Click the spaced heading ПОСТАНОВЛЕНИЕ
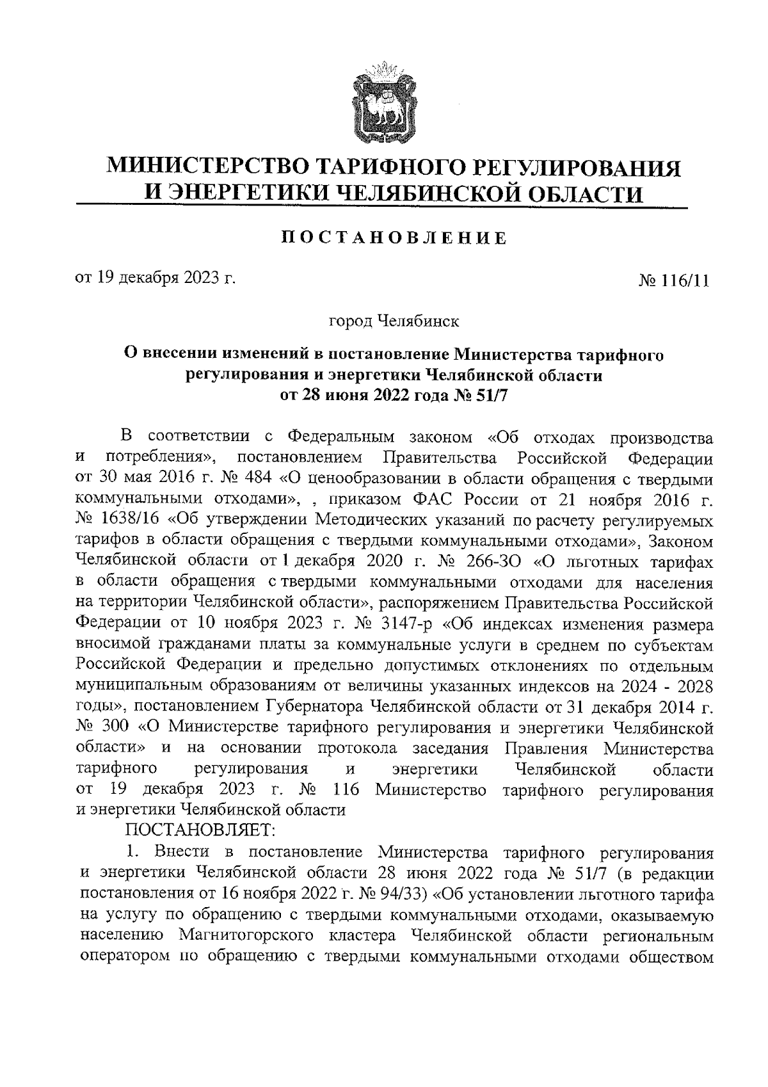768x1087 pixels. (x=396, y=238)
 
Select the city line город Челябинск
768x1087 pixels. (x=394, y=321)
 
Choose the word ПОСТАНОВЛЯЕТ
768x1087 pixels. (x=199, y=830)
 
